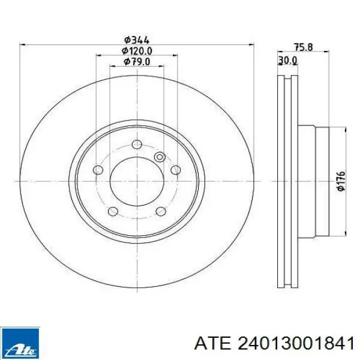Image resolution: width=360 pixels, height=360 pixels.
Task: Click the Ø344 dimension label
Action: click(137, 40)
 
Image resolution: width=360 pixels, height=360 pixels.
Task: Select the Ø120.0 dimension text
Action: click(137, 51)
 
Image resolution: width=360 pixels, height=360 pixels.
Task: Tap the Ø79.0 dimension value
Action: click(137, 62)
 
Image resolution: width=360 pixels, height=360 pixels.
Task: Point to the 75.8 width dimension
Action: click(304, 47)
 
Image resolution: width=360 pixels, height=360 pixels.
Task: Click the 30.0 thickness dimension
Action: click(287, 61)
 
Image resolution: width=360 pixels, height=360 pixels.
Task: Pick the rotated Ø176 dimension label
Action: click(341, 181)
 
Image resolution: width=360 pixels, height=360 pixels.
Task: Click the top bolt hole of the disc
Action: click(137, 145)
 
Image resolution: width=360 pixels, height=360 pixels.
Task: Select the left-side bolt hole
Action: click(98, 170)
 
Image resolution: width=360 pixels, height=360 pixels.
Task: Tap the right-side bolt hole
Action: click(176, 170)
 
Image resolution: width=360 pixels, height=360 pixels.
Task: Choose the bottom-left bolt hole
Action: click(113, 211)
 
